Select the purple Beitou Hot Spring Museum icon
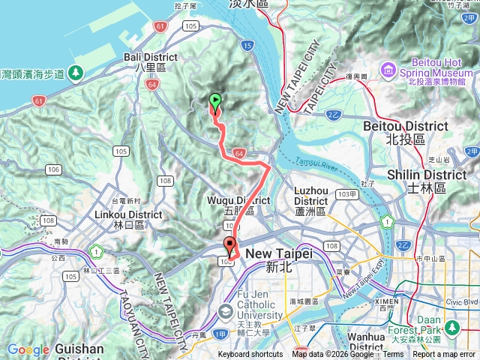[x=388, y=70]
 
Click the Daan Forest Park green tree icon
[x=452, y=327]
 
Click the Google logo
[x=28, y=349]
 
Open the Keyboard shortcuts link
[x=250, y=355]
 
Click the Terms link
[x=393, y=355]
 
